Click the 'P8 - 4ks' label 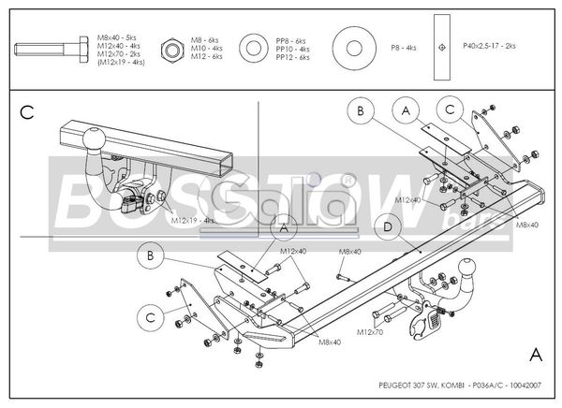coord(404,46)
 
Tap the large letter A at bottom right coord(534,354)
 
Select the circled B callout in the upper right coord(359,110)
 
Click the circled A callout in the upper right coord(406,109)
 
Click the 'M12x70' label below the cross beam coord(369,331)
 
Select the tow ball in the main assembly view coord(464,268)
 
